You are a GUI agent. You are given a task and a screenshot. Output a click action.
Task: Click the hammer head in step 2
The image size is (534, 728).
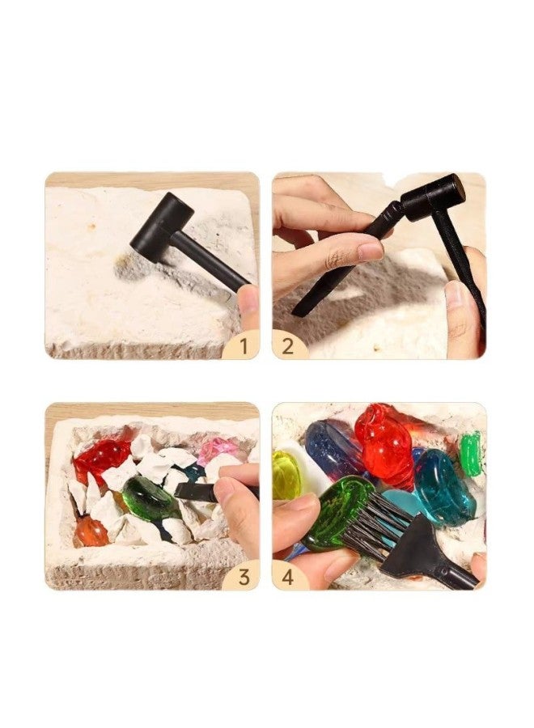(x=433, y=197)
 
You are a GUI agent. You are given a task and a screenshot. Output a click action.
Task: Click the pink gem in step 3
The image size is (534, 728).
(x=217, y=447)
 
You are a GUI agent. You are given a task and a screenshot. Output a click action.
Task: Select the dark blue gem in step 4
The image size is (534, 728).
(x=332, y=450)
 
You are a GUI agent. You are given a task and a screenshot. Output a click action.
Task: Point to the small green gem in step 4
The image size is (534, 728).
(x=471, y=453)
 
